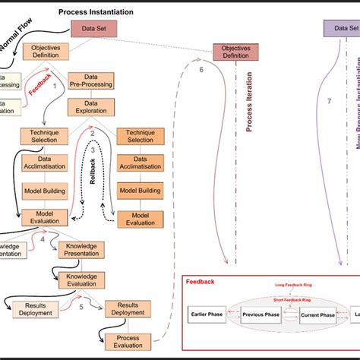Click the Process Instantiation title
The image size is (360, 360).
pos(96,13)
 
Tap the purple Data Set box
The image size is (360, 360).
pos(341,29)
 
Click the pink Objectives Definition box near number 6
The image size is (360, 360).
pos(235,52)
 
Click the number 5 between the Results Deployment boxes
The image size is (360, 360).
pos(81,307)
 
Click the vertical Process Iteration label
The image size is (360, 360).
pos(248,103)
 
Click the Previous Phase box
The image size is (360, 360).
pos(261,315)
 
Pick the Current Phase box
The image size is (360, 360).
pos(317,315)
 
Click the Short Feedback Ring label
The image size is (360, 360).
pos(289,299)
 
